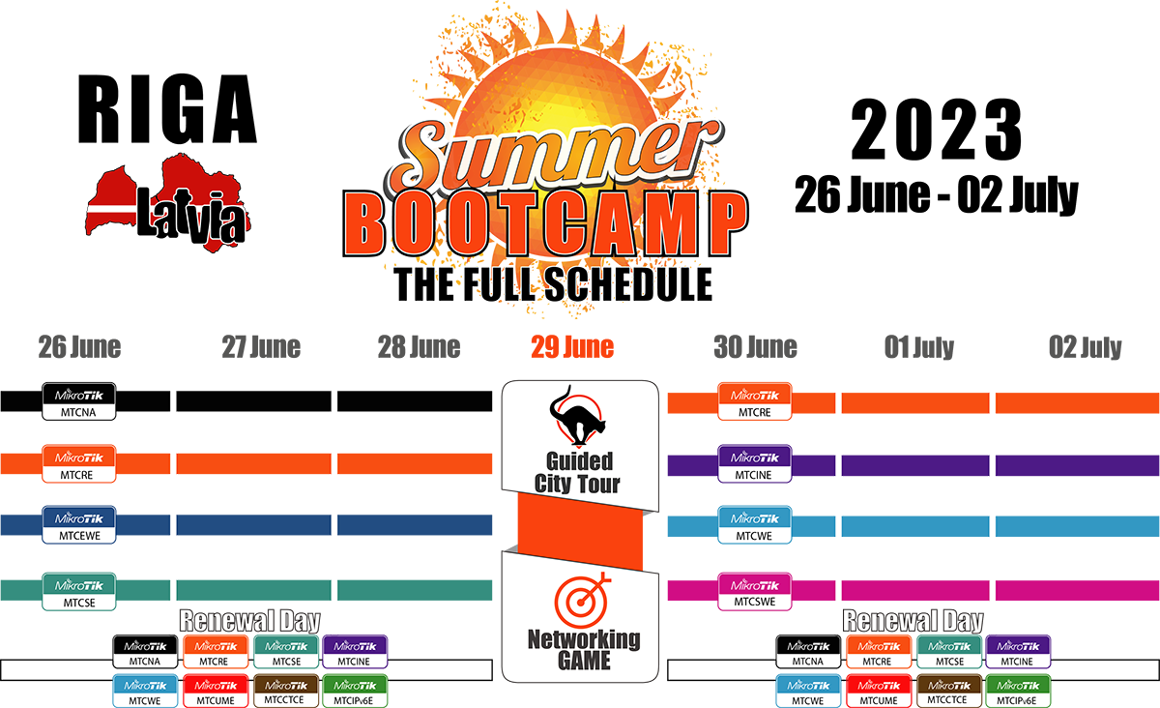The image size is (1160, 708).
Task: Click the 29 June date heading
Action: (572, 347)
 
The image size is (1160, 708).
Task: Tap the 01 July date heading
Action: (918, 347)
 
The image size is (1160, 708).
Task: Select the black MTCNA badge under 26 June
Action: (78, 401)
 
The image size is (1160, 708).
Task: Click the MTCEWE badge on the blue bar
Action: (78, 524)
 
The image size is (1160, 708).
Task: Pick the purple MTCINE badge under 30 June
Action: (755, 463)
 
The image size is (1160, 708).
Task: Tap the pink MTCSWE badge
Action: (755, 591)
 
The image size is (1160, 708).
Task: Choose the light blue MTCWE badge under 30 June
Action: (755, 524)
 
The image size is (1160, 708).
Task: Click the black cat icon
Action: (577, 416)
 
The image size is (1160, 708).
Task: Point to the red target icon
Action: (582, 601)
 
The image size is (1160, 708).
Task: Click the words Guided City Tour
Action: (577, 472)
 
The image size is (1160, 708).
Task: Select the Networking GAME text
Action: (584, 650)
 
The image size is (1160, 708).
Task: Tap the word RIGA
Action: (167, 109)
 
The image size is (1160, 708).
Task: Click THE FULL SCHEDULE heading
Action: (553, 284)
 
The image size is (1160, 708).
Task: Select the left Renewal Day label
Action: (249, 621)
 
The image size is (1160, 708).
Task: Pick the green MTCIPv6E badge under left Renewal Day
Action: (355, 691)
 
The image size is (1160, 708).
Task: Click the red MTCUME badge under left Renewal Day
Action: (216, 691)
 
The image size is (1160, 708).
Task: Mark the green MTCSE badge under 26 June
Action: (78, 591)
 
